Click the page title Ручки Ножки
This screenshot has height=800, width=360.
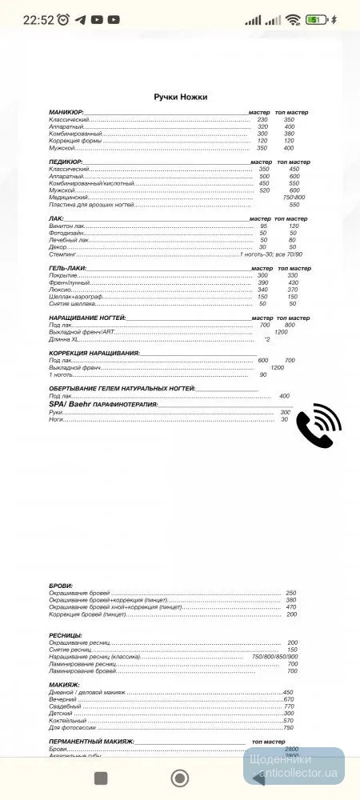pyautogui.click(x=181, y=97)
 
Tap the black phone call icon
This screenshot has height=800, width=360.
pyautogui.click(x=319, y=426)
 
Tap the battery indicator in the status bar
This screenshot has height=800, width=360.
pyautogui.click(x=317, y=18)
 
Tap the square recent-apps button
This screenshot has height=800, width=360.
pyautogui.click(x=101, y=778)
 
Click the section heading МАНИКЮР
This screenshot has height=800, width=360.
pyautogui.click(x=66, y=113)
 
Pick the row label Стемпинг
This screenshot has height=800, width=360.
pyautogui.click(x=63, y=254)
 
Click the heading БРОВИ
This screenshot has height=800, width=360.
pyautogui.click(x=61, y=586)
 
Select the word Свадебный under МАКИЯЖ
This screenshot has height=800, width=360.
pyautogui.click(x=65, y=706)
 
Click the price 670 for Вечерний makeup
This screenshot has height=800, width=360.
pyautogui.click(x=289, y=699)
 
